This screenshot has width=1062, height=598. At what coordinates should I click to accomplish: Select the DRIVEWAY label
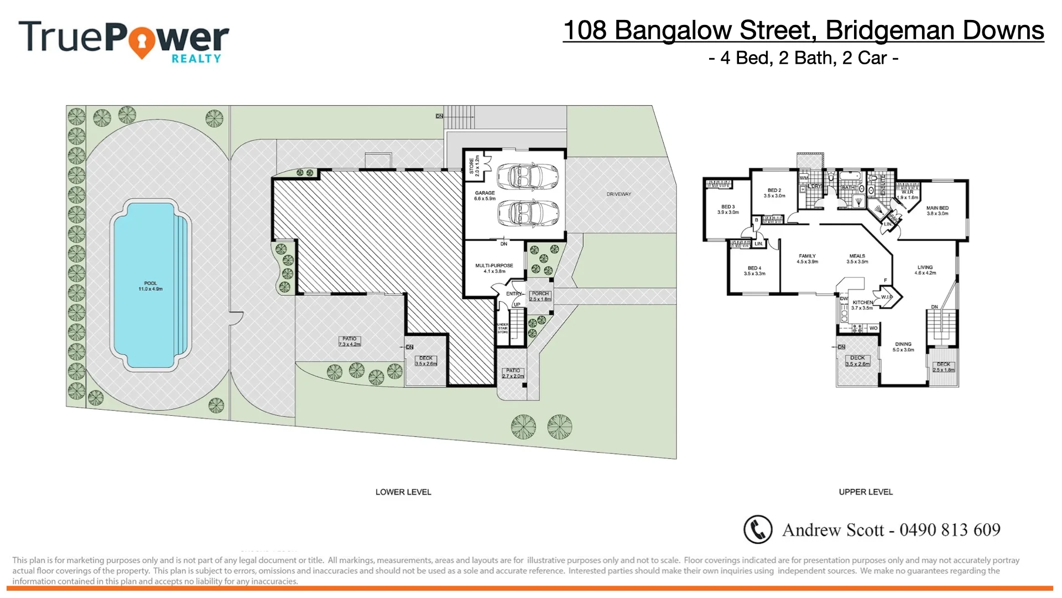pyautogui.click(x=618, y=194)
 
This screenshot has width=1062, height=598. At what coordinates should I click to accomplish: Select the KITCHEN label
pyautogui.click(x=862, y=303)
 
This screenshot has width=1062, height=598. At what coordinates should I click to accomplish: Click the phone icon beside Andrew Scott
pyautogui.click(x=757, y=529)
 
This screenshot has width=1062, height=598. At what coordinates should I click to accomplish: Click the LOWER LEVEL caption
pyautogui.click(x=403, y=492)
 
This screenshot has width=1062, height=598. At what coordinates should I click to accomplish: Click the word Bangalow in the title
pyautogui.click(x=673, y=30)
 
